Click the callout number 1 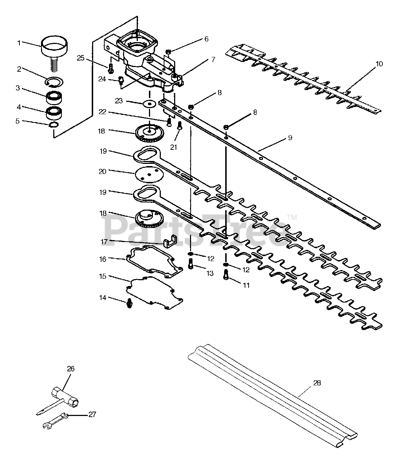(x=19, y=43)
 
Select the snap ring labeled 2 (x=54, y=82)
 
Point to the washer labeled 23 (x=149, y=103)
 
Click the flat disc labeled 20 (x=149, y=175)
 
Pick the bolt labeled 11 (x=226, y=274)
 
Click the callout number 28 (x=317, y=383)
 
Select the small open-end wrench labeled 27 (x=55, y=421)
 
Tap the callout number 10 (x=379, y=64)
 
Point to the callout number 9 (x=290, y=138)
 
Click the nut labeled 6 (x=168, y=52)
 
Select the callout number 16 (x=103, y=259)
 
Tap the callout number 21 (x=173, y=147)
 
